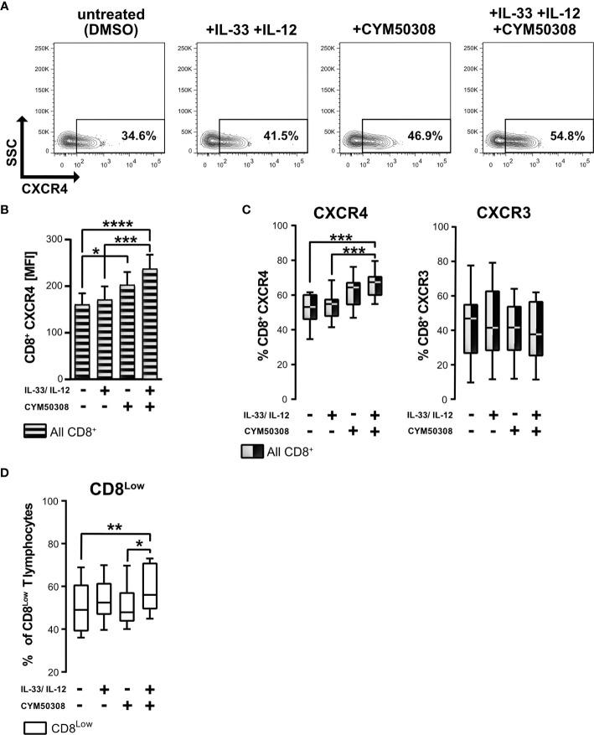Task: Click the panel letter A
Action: click(6, 7)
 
